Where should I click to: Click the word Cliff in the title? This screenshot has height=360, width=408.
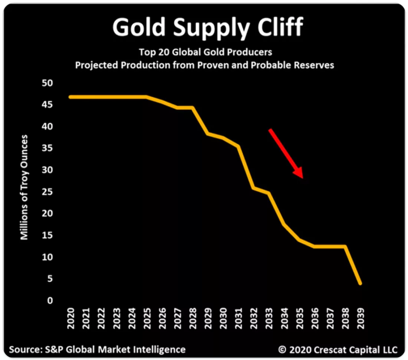point(280,26)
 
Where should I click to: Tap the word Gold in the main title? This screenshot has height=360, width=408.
point(139,26)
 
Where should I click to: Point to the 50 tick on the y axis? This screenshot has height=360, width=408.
point(47,83)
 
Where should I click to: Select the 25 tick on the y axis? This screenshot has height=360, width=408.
point(47,191)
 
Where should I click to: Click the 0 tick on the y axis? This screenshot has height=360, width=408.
point(50,300)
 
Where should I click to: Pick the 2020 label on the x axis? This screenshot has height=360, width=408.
point(70,318)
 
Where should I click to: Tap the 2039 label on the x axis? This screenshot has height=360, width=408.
point(361,318)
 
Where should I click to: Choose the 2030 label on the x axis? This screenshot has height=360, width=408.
point(223,318)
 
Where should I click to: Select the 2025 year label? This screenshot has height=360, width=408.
point(147,318)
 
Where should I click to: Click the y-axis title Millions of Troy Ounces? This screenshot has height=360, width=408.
point(24,187)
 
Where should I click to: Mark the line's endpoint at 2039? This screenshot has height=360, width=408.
point(361,284)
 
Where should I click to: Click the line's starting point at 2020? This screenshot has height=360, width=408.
point(70,97)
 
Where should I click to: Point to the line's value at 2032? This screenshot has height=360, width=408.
point(253,188)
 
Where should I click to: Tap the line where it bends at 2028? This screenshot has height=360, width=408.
point(193,108)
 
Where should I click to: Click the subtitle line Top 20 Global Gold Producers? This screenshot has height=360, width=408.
point(205,52)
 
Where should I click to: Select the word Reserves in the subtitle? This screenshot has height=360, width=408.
point(314,65)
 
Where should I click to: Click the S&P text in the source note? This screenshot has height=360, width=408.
point(54,349)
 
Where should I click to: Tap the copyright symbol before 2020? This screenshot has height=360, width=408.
point(282,349)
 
